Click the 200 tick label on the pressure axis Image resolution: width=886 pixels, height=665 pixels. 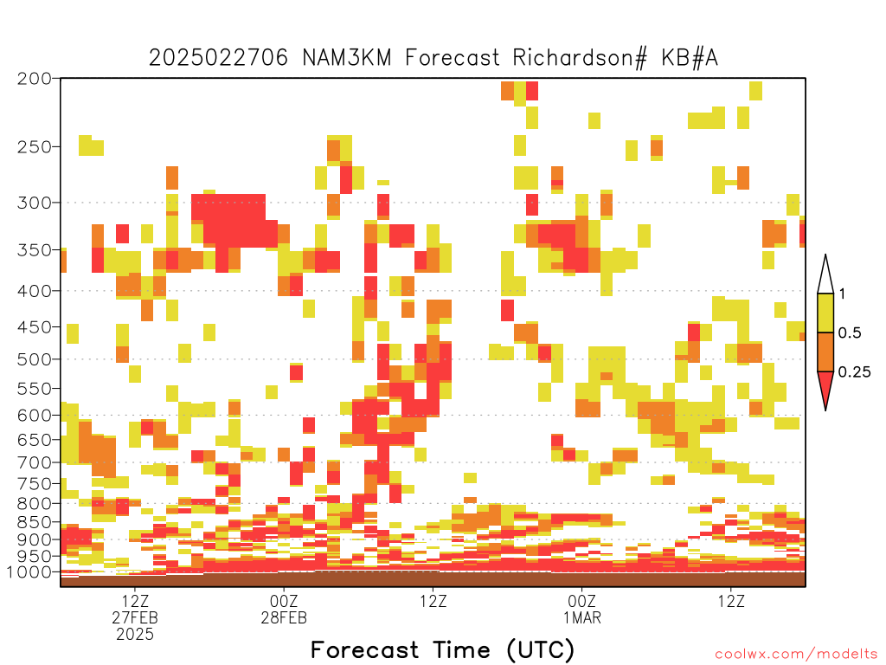pyautogui.click(x=35, y=79)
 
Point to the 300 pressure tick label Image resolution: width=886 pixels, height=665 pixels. pyautogui.click(x=35, y=203)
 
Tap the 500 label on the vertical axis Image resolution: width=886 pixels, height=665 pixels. pyautogui.click(x=35, y=359)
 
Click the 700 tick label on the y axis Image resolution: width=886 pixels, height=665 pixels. pyautogui.click(x=35, y=462)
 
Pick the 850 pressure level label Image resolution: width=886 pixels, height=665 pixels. pyautogui.click(x=35, y=522)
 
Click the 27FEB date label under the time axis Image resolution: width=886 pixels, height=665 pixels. pyautogui.click(x=135, y=617)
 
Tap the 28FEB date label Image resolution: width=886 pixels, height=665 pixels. pyautogui.click(x=284, y=617)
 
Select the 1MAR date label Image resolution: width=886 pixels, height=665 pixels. pyautogui.click(x=582, y=617)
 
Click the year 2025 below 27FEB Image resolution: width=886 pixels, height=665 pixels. pyautogui.click(x=135, y=635)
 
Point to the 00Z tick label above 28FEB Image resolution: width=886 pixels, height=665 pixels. pyautogui.click(x=284, y=601)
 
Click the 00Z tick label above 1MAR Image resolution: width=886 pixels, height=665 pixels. pyautogui.click(x=582, y=601)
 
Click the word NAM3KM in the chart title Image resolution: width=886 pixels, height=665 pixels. pyautogui.click(x=346, y=58)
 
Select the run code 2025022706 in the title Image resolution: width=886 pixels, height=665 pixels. pyautogui.click(x=218, y=58)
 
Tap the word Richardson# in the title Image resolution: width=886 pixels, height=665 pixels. pyautogui.click(x=580, y=58)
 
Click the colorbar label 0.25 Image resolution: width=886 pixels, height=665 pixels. pyautogui.click(x=854, y=372)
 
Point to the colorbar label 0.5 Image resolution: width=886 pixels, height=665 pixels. pyautogui.click(x=850, y=333)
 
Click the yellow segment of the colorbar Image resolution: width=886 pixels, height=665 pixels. pyautogui.click(x=825, y=313)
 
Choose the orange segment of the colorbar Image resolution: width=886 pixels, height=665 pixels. pyautogui.click(x=825, y=352)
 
